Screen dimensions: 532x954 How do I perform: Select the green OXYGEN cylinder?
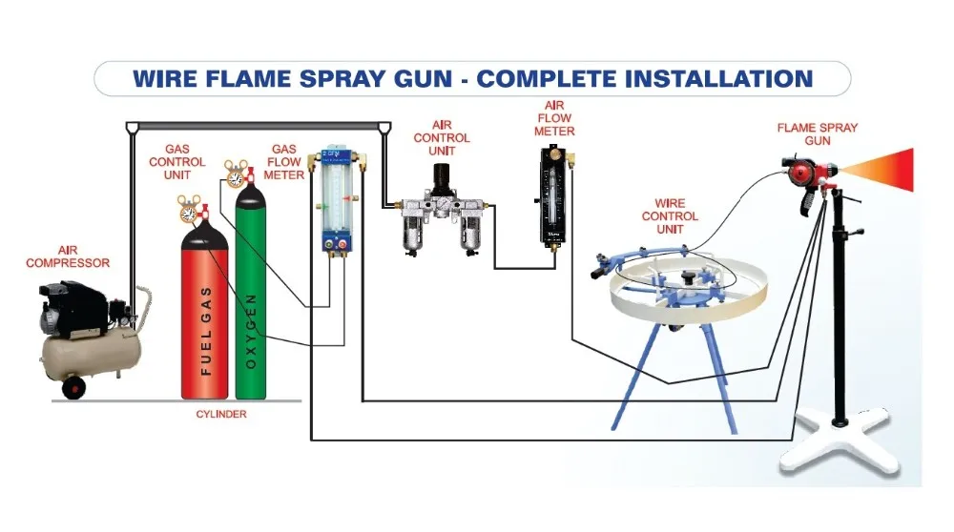tap(250, 305)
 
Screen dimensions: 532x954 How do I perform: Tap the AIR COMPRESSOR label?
tap(68, 256)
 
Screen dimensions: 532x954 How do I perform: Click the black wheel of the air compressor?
tap(72, 387)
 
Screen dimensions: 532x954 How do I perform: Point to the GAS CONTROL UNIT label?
tap(177, 162)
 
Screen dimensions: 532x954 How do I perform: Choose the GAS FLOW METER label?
tap(284, 162)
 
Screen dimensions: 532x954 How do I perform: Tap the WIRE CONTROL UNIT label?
tap(670, 216)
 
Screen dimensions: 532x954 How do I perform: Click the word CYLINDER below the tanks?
tap(221, 414)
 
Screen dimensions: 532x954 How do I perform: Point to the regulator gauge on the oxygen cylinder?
tap(235, 174)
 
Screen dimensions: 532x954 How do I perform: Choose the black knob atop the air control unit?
tap(440, 177)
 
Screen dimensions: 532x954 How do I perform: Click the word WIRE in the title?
tap(170, 77)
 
